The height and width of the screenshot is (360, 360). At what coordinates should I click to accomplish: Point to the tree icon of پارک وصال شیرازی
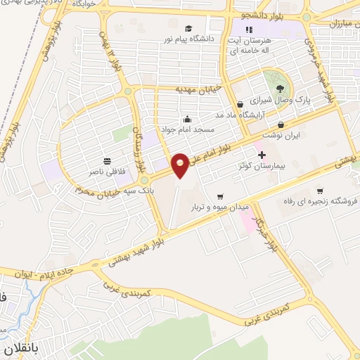tap(281, 88)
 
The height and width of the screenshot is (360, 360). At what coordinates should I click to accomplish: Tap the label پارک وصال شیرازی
tap(302, 101)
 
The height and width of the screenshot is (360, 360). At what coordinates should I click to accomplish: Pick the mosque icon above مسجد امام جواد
tap(186, 118)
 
